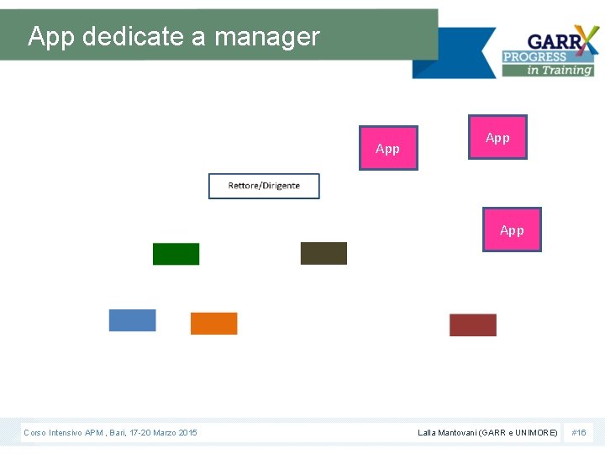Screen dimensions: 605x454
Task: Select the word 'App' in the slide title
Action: tap(52, 38)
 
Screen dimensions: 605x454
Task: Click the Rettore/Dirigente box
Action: tap(264, 186)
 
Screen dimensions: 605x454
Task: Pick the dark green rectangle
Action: tap(176, 254)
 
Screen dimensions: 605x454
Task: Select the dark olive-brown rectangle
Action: tap(324, 253)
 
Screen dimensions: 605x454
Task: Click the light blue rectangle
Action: tap(132, 320)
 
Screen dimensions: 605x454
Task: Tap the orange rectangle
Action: tap(213, 324)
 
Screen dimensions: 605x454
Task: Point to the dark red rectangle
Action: tap(473, 325)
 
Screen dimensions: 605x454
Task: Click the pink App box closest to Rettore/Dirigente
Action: tap(388, 149)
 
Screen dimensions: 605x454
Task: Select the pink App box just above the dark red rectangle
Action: tap(512, 230)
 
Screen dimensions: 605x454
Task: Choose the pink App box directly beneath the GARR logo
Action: tap(497, 137)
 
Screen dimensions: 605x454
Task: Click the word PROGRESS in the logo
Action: tap(535, 57)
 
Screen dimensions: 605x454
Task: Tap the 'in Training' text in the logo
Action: tap(560, 71)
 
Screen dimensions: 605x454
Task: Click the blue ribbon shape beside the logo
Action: tap(454, 53)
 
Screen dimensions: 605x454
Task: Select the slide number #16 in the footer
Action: tap(579, 432)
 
